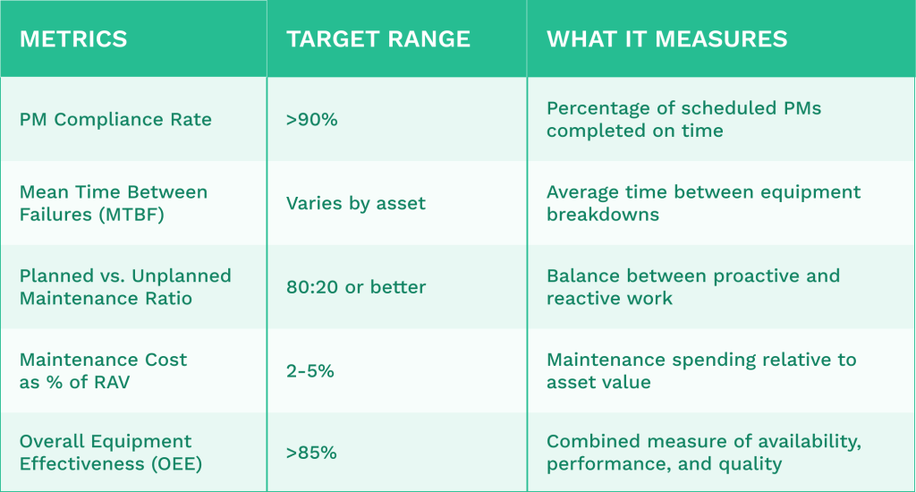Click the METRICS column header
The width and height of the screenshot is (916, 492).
click(x=73, y=39)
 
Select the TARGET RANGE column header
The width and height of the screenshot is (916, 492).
click(x=378, y=39)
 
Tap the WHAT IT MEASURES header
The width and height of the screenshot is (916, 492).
click(x=667, y=39)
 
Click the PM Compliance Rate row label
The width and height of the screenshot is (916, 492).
click(x=115, y=120)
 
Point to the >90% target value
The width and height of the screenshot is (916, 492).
click(x=312, y=120)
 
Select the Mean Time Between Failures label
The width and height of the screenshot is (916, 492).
click(x=114, y=192)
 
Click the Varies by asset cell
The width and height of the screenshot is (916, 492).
click(x=356, y=203)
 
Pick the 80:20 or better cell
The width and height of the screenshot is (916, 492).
click(x=356, y=287)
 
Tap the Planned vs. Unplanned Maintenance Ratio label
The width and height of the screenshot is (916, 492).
click(x=125, y=287)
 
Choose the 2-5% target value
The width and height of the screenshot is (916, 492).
click(x=310, y=370)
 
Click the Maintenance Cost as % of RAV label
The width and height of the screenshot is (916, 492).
click(x=104, y=370)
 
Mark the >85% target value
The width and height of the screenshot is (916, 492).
click(x=312, y=454)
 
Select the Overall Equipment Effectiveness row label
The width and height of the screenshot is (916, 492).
click(x=106, y=453)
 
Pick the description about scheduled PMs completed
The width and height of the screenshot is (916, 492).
click(x=683, y=120)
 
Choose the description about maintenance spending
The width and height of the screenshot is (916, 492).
click(x=701, y=370)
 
